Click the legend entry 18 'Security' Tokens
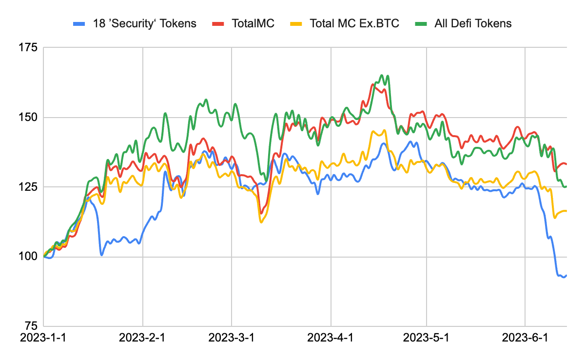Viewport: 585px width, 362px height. pyautogui.click(x=142, y=23)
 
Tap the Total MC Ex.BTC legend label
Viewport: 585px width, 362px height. pyautogui.click(x=354, y=23)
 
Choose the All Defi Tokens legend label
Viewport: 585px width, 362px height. pyautogui.click(x=473, y=23)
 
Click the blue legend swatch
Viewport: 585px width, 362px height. pyautogui.click(x=79, y=23)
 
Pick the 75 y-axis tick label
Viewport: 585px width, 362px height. pyautogui.click(x=30, y=326)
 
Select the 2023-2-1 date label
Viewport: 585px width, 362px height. pyautogui.click(x=142, y=338)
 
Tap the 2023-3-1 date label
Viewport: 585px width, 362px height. pyautogui.click(x=232, y=338)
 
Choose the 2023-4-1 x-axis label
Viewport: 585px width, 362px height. pyautogui.click(x=331, y=338)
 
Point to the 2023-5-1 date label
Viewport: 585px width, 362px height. pyautogui.click(x=427, y=338)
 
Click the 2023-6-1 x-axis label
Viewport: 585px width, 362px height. pyautogui.click(x=525, y=338)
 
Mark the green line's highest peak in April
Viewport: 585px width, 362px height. pyautogui.click(x=382, y=76)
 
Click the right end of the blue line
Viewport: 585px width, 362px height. pyautogui.click(x=566, y=275)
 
